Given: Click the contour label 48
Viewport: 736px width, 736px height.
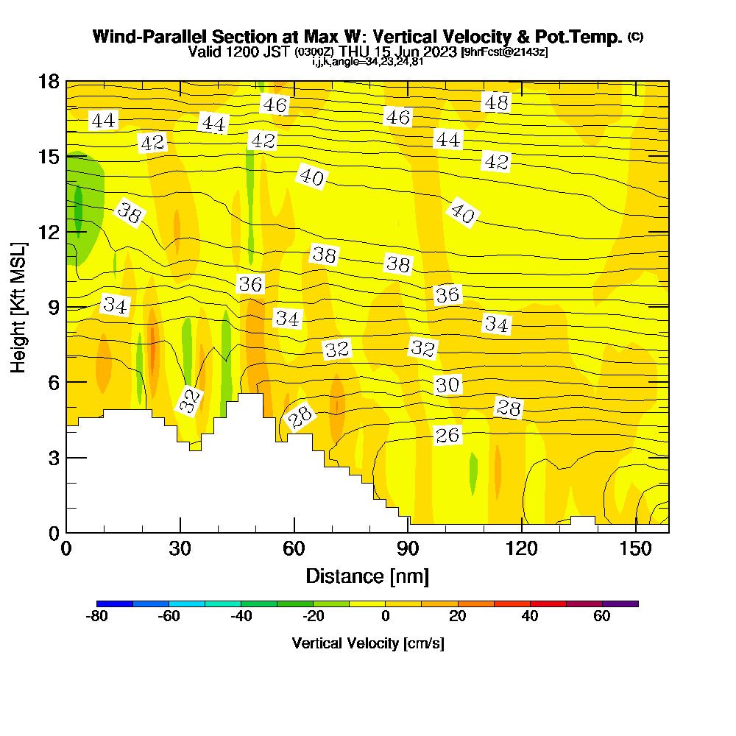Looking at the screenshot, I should click(496, 103).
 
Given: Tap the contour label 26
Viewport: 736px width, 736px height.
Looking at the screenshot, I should click(447, 436).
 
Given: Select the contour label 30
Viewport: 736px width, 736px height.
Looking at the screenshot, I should click(447, 385).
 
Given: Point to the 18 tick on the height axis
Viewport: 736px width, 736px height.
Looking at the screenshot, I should click(67, 81).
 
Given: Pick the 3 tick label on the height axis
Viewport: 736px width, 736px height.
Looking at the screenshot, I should click(53, 458).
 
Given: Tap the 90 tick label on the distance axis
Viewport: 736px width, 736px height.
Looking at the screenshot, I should click(408, 549).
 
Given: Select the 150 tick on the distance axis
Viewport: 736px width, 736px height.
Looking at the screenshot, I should click(634, 532).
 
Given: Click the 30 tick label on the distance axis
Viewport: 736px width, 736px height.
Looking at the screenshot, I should click(180, 549).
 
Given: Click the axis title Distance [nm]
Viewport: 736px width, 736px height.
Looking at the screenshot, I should click(367, 576).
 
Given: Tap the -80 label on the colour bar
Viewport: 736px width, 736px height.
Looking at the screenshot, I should click(97, 617).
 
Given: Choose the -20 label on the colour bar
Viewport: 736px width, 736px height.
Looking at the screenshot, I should click(314, 617).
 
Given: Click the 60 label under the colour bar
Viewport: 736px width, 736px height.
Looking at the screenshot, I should click(602, 617).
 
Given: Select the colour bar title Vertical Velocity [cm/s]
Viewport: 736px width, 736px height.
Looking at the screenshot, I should click(367, 643).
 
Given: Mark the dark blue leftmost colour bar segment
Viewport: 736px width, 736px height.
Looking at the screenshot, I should click(115, 604).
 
